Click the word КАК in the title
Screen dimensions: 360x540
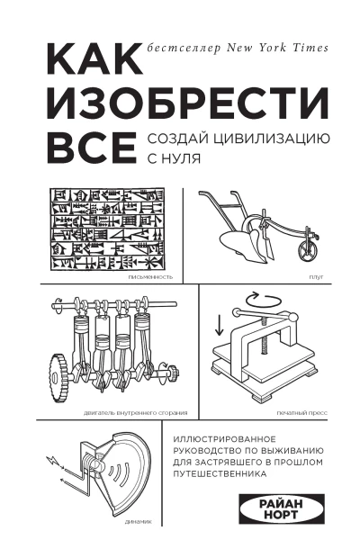click(x=94, y=58)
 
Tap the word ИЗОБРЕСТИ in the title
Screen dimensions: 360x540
click(x=188, y=103)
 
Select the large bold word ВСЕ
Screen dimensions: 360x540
click(x=92, y=147)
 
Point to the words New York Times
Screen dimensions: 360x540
click(x=277, y=48)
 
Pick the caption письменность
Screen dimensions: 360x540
click(x=150, y=277)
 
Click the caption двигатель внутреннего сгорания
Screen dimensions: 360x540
click(x=135, y=413)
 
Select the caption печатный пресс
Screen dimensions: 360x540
click(x=302, y=413)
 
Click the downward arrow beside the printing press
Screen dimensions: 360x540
click(x=219, y=324)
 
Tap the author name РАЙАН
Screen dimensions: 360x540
click(x=281, y=505)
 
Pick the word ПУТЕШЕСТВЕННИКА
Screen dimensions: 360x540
click(x=220, y=474)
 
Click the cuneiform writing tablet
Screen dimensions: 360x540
click(x=107, y=230)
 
